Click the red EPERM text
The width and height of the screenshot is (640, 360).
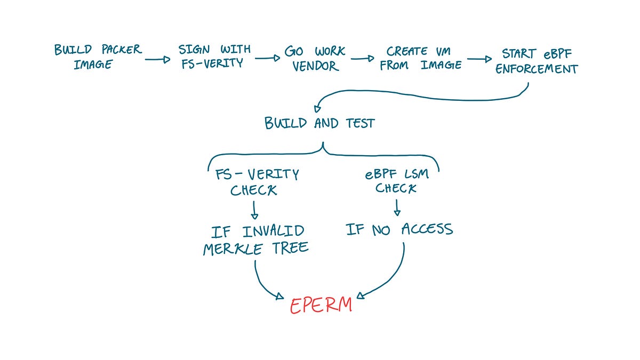(x=321, y=305)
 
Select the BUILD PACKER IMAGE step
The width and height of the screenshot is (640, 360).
(x=98, y=57)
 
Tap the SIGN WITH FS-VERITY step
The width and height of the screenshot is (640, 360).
(x=214, y=57)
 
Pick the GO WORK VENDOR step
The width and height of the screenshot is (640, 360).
(x=315, y=59)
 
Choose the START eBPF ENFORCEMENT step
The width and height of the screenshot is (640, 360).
(x=537, y=61)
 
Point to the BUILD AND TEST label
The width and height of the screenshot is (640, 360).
(x=319, y=123)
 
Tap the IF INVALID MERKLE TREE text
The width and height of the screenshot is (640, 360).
(x=255, y=240)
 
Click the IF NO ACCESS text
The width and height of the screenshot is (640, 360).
(x=399, y=229)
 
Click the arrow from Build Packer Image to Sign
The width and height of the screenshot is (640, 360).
(x=157, y=60)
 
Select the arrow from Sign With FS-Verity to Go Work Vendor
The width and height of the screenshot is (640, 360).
(x=267, y=58)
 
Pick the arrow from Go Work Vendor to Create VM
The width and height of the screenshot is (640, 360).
(x=362, y=59)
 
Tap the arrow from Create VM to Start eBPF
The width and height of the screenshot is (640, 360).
(x=479, y=60)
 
